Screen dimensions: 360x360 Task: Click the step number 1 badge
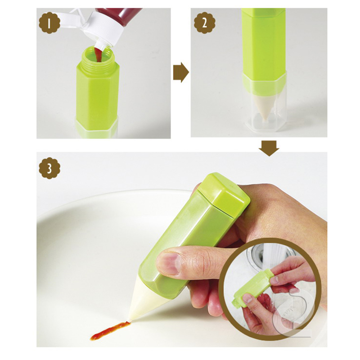(x=49, y=23)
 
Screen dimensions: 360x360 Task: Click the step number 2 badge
(x=205, y=23)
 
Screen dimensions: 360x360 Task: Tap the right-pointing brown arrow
(x=181, y=72)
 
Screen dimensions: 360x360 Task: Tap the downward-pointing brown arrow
(x=269, y=148)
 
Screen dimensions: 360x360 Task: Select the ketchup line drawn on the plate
(x=110, y=331)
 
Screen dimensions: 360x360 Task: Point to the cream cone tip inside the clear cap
(x=265, y=107)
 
